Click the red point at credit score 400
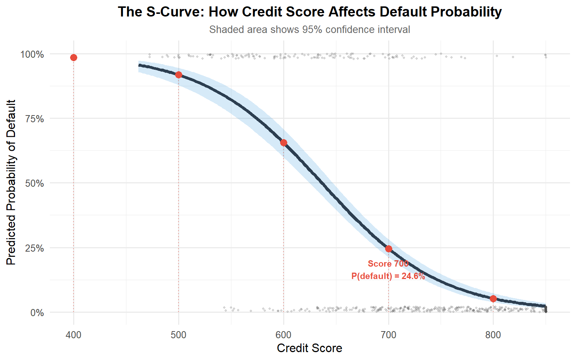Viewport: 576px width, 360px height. coord(73,57)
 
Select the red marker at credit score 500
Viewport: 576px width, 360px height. coord(178,75)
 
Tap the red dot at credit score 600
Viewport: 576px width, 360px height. coord(283,142)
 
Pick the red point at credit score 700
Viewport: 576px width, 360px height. coord(388,249)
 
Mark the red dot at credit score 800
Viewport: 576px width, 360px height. coord(493,298)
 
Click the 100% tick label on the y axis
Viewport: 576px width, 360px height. coord(32,54)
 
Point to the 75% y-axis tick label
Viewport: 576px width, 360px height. coord(34,119)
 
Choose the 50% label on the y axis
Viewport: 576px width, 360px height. coord(34,183)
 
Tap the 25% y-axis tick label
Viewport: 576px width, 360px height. coord(34,248)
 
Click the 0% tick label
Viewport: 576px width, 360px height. coord(37,313)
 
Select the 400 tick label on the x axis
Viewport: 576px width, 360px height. coord(73,335)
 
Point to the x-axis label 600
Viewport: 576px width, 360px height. coord(283,335)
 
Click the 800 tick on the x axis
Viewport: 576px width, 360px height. coord(493,335)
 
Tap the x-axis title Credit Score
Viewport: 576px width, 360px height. coord(309,348)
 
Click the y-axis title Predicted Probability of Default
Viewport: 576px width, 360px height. coord(11,182)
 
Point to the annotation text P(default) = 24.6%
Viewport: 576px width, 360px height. coord(388,276)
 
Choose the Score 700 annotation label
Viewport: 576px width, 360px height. coord(388,264)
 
